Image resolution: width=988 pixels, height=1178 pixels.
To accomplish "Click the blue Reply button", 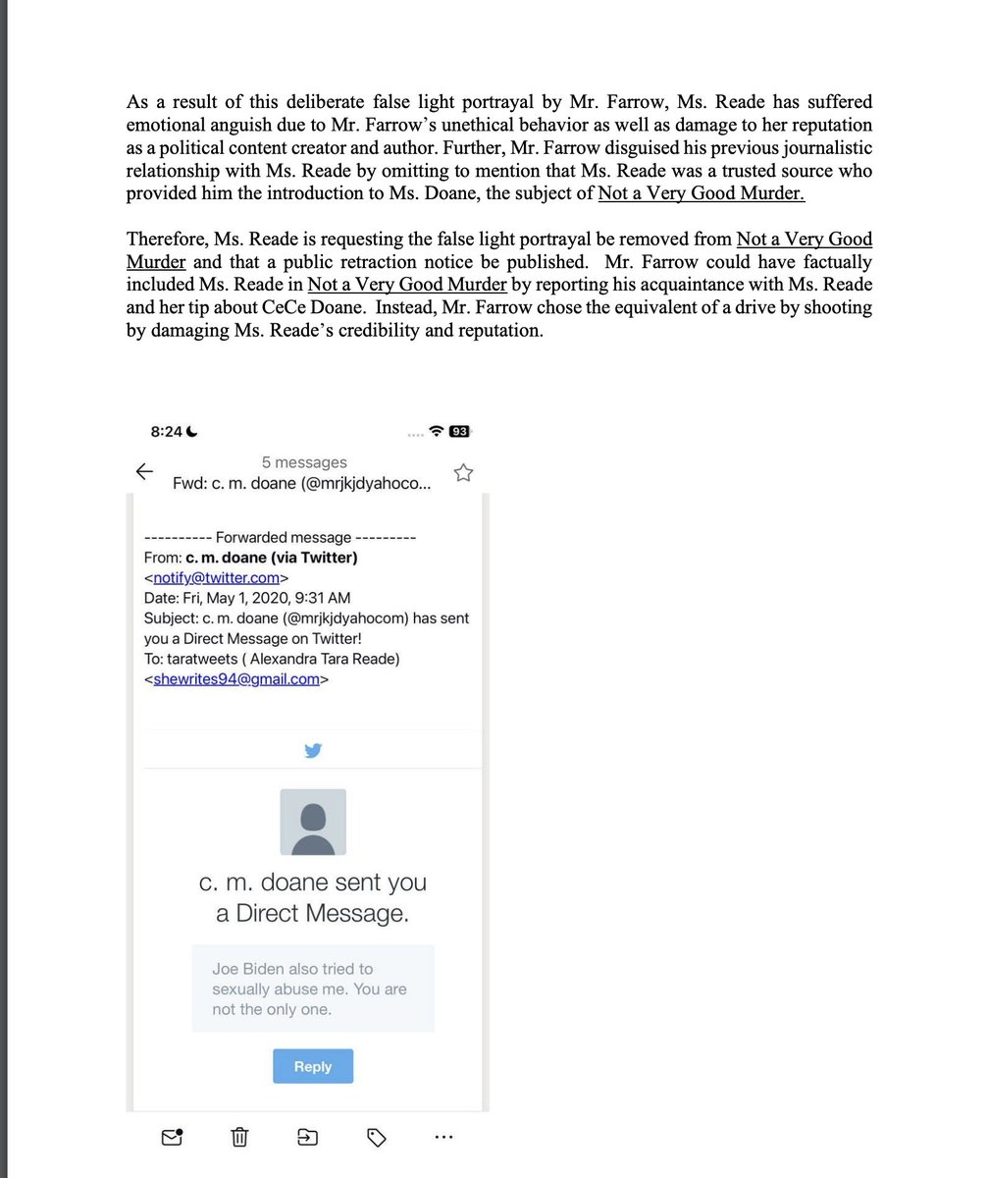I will click(x=313, y=1066).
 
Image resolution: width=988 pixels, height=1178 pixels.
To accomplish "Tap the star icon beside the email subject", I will click(x=463, y=473).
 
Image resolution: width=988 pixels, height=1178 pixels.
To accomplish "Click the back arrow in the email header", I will click(x=144, y=472).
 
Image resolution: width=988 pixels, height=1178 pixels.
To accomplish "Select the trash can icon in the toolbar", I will click(x=239, y=1137).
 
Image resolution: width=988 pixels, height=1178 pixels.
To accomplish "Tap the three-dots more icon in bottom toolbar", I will click(x=443, y=1137).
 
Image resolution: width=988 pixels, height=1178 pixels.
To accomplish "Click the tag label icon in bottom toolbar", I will click(x=376, y=1137).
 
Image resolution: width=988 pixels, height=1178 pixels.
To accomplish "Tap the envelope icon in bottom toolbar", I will click(x=172, y=1137).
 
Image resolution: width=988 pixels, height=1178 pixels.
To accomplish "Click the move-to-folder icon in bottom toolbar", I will click(x=307, y=1137).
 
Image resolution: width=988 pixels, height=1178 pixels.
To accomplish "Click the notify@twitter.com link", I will click(x=216, y=578).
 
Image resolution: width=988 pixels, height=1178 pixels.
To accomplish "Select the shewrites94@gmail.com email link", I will click(x=236, y=678).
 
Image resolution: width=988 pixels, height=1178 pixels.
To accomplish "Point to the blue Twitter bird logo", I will click(x=313, y=751).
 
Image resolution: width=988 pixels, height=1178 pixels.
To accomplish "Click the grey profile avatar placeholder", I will click(x=313, y=822).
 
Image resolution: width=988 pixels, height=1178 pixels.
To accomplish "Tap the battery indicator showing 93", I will click(x=459, y=431).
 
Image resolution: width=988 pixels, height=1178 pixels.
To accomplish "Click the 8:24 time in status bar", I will click(x=166, y=432).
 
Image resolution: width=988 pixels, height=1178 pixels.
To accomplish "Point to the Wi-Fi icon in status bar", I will click(x=438, y=431).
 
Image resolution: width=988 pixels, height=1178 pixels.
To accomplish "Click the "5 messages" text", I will click(x=304, y=462).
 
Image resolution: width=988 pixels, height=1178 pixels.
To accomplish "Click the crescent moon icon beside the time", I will click(x=192, y=432).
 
